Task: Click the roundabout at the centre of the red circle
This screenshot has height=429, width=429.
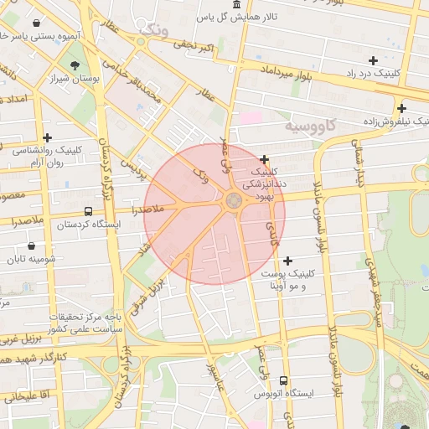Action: point(233,200)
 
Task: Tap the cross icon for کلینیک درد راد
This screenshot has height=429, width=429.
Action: point(373,60)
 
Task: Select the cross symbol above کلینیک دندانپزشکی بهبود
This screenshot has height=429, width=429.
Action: point(265,159)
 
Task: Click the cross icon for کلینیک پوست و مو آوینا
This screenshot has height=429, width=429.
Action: point(288,261)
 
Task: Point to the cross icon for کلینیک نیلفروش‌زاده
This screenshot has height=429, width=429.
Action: point(402,108)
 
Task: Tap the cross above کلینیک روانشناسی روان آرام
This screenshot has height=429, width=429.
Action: point(48,137)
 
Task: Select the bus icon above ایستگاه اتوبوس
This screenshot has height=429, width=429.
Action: point(282,380)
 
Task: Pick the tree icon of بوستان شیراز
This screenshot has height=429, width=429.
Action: point(76,65)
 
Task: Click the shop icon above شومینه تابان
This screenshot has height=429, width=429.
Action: point(32,246)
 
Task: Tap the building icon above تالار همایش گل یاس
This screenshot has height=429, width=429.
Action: point(234,5)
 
